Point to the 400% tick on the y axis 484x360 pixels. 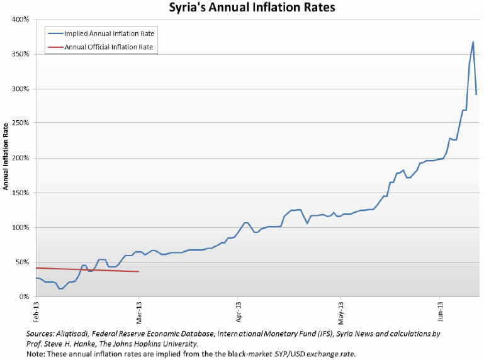point(21,20)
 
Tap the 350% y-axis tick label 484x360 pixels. point(21,54)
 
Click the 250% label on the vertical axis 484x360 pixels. point(21,123)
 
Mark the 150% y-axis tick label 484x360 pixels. point(21,193)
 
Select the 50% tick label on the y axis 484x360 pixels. point(23,262)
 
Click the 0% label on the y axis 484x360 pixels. point(25,296)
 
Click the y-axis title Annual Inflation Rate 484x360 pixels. point(6,157)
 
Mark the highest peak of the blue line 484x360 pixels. point(473,42)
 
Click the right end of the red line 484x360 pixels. point(138,271)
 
